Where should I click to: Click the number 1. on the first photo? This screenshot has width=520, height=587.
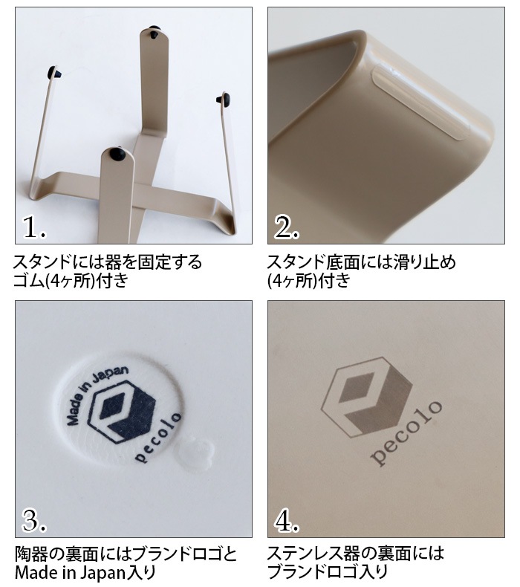click(34, 227)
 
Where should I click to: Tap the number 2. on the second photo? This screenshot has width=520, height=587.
click(287, 227)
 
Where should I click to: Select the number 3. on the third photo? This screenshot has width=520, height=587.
click(34, 520)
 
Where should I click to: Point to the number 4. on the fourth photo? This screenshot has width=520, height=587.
click(287, 520)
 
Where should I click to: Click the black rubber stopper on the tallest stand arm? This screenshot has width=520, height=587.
click(154, 33)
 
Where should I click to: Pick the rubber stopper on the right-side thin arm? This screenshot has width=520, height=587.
click(224, 99)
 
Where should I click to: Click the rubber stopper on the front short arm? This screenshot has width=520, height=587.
click(117, 155)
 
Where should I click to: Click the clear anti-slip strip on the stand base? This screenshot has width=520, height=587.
click(420, 102)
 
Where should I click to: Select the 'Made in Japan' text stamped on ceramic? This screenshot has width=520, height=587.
click(96, 395)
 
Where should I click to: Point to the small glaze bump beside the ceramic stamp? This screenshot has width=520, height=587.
click(195, 454)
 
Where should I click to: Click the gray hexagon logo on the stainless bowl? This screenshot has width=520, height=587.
click(366, 397)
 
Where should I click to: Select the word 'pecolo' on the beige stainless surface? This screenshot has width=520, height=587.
click(406, 433)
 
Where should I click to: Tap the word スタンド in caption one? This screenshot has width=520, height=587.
click(42, 262)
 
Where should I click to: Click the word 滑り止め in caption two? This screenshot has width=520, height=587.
click(425, 262)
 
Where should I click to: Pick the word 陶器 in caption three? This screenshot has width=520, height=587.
click(30, 554)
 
